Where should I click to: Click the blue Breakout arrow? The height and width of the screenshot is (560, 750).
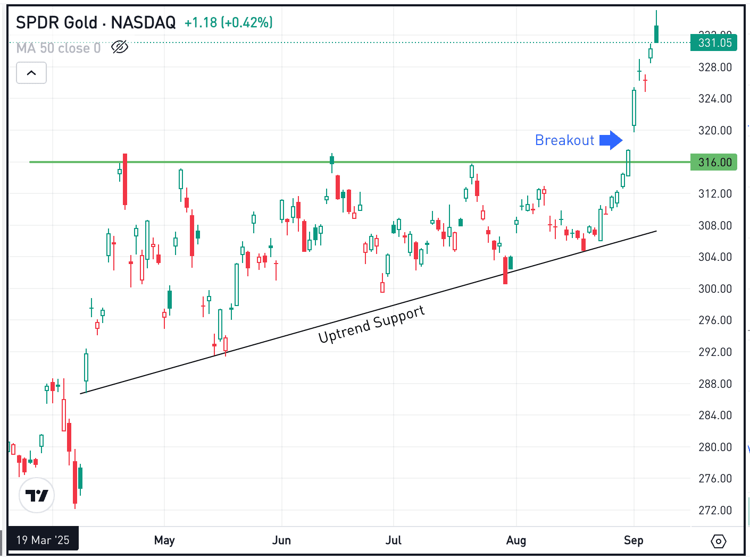611,140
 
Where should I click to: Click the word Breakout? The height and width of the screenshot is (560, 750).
564,140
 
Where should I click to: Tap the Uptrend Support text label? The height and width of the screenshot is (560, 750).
371,325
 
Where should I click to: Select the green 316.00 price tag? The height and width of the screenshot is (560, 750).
714,162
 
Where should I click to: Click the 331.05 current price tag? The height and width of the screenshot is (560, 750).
714,43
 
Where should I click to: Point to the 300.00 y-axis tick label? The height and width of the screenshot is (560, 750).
715,289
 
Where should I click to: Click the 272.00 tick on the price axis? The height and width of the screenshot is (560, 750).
715,510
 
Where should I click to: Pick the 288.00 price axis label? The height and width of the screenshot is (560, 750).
715,384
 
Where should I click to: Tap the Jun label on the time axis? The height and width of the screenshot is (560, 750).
281,540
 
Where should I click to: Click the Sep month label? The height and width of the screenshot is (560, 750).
634,540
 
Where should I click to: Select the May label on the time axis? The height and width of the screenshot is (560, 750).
164,540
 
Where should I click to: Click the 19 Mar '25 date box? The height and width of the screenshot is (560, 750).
43,540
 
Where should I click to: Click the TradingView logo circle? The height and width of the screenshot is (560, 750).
37,495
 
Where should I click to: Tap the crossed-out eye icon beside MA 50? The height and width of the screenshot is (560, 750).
120,47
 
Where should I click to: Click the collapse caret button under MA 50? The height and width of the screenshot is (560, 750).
31,73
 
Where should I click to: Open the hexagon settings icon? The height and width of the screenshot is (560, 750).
718,541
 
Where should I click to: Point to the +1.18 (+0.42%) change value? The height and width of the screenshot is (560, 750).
229,22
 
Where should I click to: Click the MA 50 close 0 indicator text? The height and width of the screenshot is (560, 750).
59,48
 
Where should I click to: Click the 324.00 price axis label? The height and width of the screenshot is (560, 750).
715,98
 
